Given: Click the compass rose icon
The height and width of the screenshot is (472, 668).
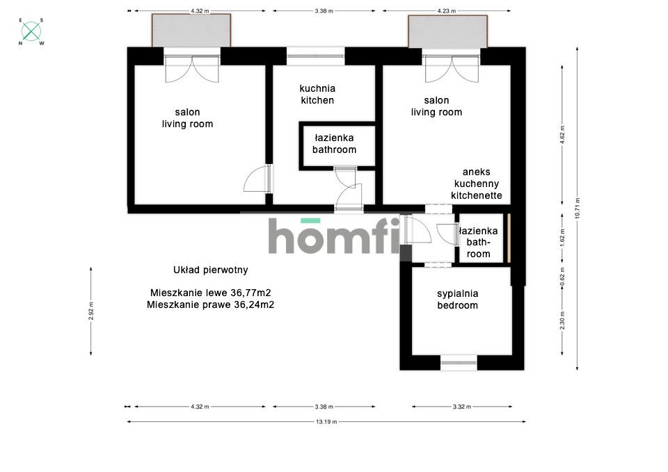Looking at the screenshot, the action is coord(31,31).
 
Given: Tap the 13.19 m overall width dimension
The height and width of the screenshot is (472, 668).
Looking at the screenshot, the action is coord(326,422).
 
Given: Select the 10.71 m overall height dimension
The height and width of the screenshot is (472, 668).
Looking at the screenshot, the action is coord(578,209).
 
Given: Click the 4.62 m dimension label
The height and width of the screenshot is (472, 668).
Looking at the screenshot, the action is coord(562,134).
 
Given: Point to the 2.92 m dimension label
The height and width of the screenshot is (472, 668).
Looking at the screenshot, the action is coord(90,311).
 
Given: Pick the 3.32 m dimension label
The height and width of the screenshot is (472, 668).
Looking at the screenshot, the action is coord(462,407).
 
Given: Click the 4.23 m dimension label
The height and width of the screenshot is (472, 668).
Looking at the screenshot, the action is coord(447,11).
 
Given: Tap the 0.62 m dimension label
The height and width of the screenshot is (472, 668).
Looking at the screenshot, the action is coord(562,277).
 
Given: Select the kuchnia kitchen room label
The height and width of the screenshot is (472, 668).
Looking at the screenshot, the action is coord(317,95).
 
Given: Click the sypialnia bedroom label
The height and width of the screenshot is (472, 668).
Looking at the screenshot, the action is coord(458,300).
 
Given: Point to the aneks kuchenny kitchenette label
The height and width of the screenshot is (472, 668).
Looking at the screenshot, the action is coord(476,184).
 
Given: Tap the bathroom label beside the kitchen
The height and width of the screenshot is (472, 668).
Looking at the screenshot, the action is coord(335,144).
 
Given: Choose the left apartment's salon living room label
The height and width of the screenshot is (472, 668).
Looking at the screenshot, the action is coord(187,118).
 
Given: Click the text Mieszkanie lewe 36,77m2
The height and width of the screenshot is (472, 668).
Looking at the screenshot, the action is coord(210,293).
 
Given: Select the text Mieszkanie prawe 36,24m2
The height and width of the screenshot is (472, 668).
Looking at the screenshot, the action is coord(210,304).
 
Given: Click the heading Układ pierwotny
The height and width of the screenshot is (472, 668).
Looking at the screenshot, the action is coord(210,270).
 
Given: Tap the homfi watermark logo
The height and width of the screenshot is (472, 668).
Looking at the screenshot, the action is coord(333,236).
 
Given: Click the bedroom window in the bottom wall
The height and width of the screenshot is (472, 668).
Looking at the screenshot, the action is coord(459,363).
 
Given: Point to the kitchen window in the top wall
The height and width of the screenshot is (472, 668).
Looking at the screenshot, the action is coord(315,56).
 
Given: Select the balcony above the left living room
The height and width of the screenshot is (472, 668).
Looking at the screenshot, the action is coord(192,30).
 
